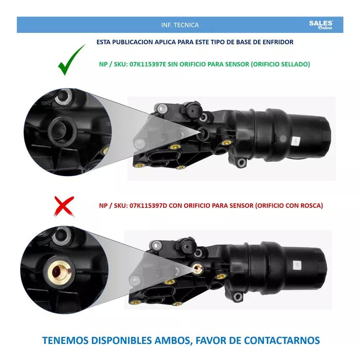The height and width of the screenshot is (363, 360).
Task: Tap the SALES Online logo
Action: tap(321, 25)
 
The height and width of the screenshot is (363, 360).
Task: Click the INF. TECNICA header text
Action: tap(180, 25)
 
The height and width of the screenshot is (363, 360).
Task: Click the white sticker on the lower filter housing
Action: tap(296, 264)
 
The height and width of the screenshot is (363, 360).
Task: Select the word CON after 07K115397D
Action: tap(174, 206)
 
